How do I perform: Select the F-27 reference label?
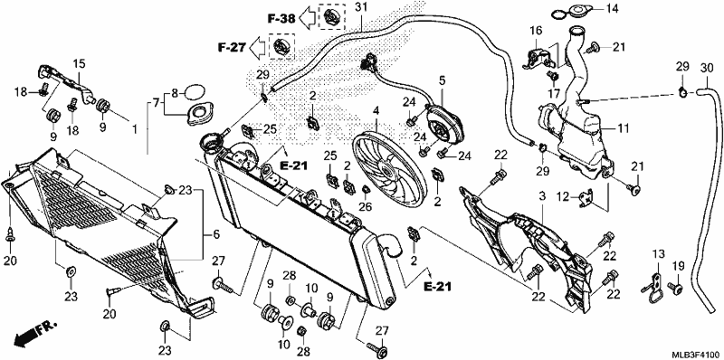(233, 48)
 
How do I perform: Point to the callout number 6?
(216, 234)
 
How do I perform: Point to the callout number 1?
(135, 129)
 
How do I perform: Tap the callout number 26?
(366, 207)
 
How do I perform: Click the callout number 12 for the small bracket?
(562, 196)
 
